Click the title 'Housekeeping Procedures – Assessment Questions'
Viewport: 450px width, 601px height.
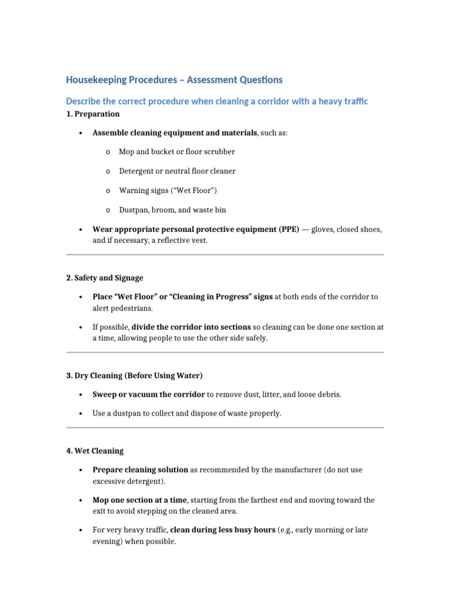[x=174, y=80]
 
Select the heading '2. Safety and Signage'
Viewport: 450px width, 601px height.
[x=104, y=278]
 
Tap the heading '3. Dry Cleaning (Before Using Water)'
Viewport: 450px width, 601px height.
[x=134, y=375]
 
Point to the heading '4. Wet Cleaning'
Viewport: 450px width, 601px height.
[x=95, y=451]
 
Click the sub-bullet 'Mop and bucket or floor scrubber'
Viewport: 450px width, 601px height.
[x=177, y=151]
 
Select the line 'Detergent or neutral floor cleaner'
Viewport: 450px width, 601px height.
[x=177, y=171]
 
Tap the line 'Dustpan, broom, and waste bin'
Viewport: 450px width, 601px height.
[x=172, y=210]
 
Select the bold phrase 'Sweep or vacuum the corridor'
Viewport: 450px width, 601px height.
[x=149, y=394]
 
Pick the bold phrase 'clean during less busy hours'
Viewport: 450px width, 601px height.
[x=223, y=530]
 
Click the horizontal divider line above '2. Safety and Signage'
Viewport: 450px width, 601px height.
[x=225, y=255]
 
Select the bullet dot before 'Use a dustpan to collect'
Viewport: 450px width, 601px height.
[x=79, y=414]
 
